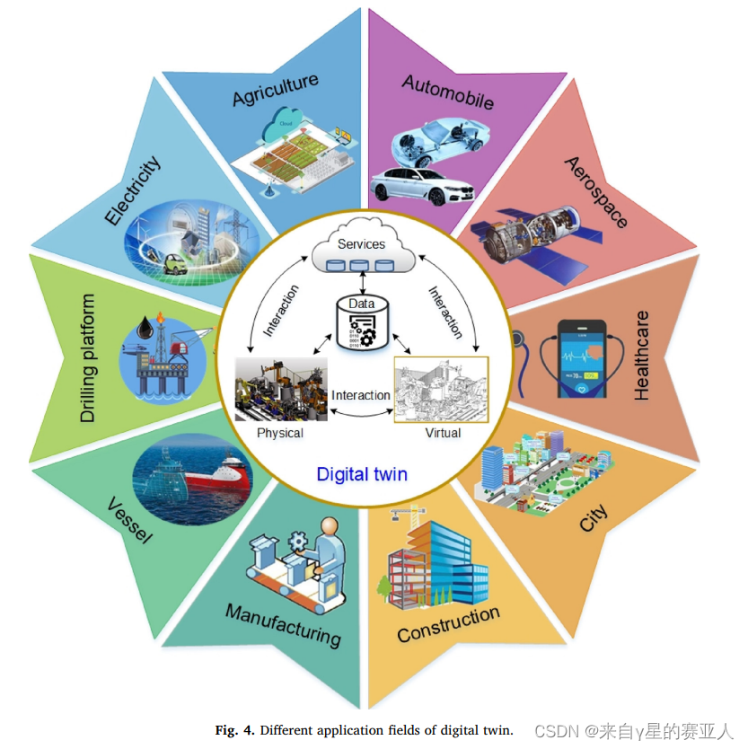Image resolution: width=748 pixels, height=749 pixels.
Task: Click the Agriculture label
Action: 275,90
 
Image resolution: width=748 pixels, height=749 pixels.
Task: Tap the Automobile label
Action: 447,92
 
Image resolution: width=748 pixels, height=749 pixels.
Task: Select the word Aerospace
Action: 595,191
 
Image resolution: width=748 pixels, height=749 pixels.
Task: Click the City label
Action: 593,518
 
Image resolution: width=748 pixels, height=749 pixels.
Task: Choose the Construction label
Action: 448,623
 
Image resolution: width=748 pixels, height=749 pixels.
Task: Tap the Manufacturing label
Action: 283,624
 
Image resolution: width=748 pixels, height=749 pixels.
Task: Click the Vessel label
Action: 129,521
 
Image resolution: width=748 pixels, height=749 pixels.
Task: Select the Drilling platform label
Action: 88,357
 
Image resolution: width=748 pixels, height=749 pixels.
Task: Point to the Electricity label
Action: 132,190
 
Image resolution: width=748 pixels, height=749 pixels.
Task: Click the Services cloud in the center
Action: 361,250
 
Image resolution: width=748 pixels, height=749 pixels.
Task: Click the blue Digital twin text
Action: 362,473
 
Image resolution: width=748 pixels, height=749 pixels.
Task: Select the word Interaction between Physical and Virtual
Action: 361,395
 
